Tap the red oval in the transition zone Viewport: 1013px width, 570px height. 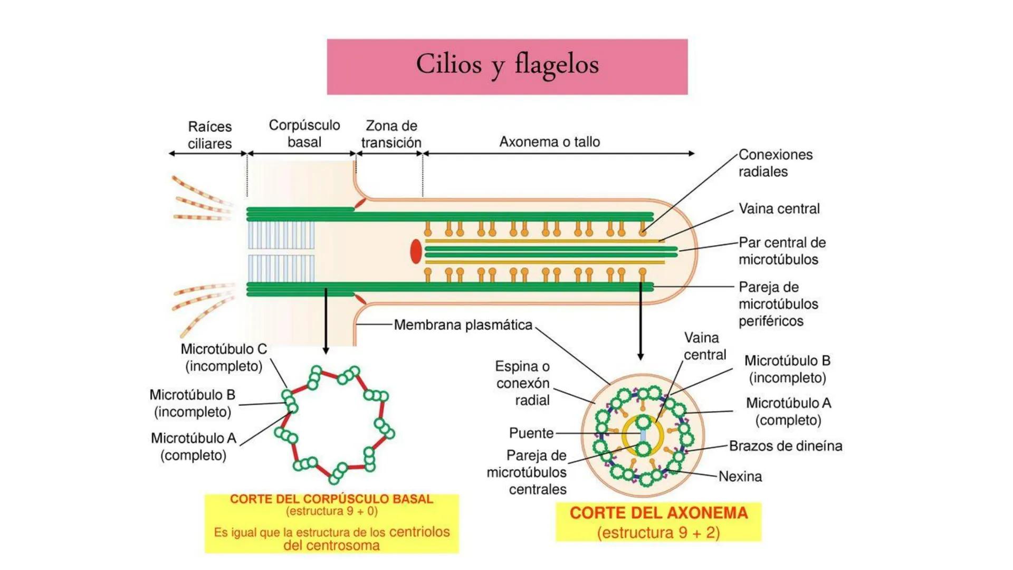click(416, 251)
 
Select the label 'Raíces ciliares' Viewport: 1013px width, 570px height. click(209, 135)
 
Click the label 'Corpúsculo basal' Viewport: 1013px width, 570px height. click(304, 134)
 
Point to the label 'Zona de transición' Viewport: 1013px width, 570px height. click(391, 134)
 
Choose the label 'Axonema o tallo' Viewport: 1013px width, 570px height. click(549, 142)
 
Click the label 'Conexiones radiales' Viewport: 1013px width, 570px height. click(775, 163)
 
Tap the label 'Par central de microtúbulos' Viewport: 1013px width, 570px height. click(781, 251)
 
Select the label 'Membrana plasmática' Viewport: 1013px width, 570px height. click(463, 325)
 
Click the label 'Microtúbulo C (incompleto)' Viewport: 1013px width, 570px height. click(224, 357)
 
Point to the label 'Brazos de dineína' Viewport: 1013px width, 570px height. click(785, 446)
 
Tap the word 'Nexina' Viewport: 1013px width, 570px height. click(740, 477)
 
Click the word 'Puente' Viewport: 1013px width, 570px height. click(531, 433)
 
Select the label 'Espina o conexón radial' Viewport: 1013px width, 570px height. click(522, 383)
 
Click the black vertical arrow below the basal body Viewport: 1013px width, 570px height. click(326, 322)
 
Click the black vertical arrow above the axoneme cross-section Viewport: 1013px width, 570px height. click(641, 322)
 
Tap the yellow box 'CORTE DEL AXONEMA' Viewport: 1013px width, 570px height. click(658, 522)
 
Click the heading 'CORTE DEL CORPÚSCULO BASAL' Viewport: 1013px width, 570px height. click(331, 499)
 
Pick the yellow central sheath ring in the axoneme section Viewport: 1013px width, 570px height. click(627, 436)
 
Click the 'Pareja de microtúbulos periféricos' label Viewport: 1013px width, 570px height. click(778, 304)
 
